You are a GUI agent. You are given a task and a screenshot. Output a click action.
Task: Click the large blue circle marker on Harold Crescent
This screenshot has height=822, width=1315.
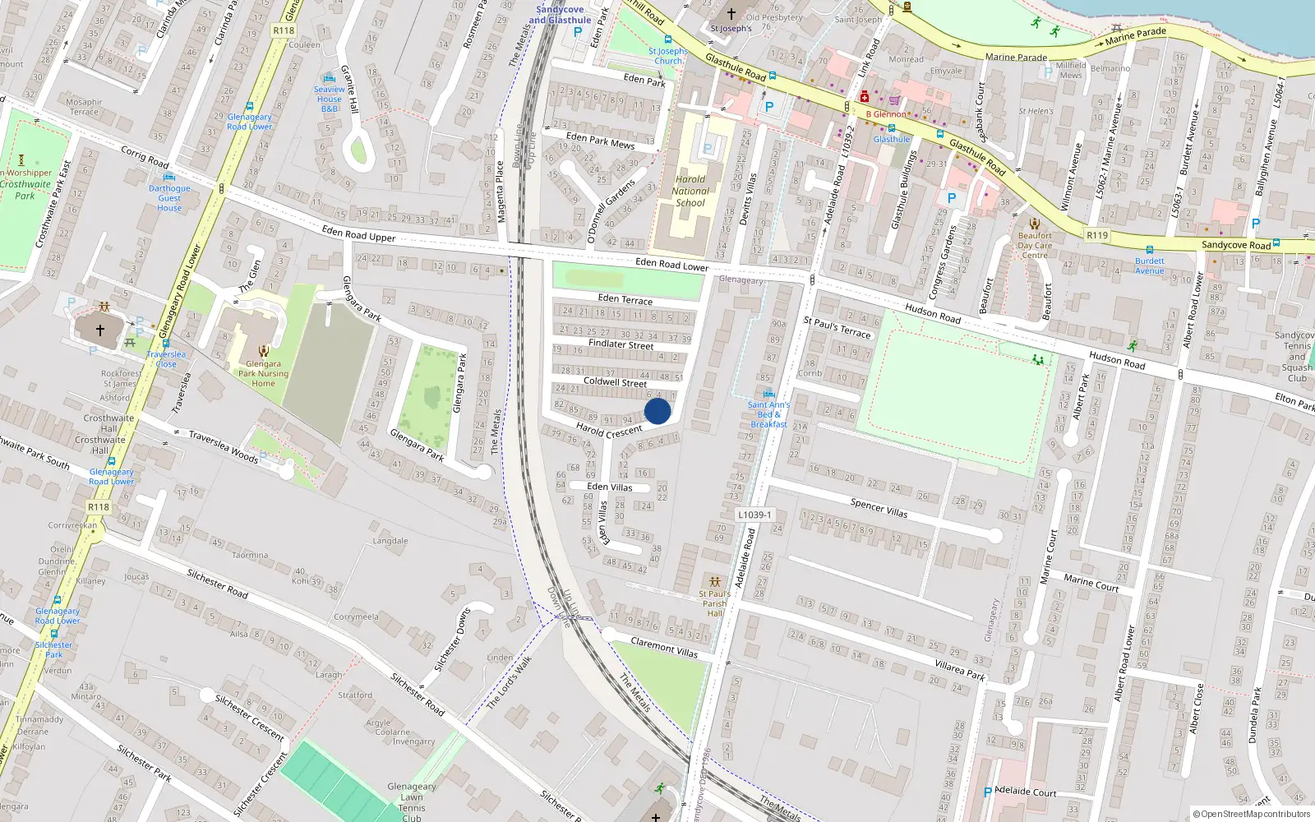tap(657, 411)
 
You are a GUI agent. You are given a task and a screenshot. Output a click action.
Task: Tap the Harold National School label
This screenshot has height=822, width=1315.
tap(690, 191)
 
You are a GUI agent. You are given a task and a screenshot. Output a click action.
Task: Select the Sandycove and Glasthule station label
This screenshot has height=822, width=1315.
tap(560, 15)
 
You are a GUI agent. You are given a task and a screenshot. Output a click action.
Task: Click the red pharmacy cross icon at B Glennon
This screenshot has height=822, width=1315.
tap(864, 97)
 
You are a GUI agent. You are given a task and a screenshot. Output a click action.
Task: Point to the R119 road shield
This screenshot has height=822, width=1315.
tap(1097, 235)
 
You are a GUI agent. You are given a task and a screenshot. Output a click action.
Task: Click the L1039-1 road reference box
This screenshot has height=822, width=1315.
tap(754, 515)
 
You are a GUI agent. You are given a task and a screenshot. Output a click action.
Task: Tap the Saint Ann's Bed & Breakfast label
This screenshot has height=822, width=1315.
tap(768, 414)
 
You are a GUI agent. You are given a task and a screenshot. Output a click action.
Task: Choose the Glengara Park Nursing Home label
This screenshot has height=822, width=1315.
tap(263, 373)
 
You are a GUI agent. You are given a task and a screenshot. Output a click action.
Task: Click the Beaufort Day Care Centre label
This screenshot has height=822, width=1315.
tap(1035, 245)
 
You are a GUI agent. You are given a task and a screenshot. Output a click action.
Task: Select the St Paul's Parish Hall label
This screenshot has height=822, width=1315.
tap(714, 603)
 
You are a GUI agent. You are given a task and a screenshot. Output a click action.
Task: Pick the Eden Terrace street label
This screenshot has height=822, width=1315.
tap(625, 299)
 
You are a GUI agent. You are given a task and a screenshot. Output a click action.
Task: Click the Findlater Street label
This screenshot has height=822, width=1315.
tap(621, 344)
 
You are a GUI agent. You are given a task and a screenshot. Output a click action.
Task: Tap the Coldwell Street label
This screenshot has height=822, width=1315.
tap(615, 382)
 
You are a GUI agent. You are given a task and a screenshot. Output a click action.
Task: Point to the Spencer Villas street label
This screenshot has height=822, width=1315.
tap(879, 508)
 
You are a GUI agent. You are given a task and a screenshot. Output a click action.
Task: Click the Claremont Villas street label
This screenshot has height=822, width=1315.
tap(664, 647)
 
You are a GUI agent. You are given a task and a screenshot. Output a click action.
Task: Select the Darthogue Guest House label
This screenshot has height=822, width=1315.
tap(169, 198)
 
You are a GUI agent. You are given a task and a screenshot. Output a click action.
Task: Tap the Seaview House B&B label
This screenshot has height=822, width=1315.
tap(330, 99)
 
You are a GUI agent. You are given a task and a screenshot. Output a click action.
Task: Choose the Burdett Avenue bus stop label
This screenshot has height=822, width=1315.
tap(1150, 266)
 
